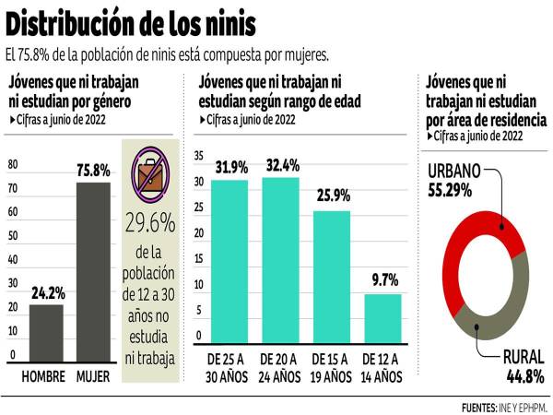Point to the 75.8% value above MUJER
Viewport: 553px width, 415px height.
pos(92,170)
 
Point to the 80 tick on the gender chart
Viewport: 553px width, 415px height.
pos(13,165)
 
